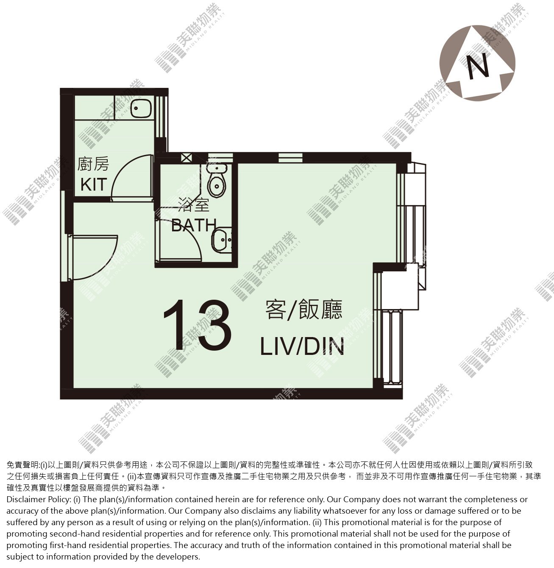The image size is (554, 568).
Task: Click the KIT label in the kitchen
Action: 94,185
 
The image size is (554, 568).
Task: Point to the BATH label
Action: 194,225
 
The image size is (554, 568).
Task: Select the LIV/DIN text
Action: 302,346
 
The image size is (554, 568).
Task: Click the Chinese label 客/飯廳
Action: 303,309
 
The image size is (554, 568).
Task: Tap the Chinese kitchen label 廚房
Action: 93,164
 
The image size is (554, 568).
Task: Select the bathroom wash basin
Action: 222,240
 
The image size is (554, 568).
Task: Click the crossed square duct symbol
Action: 186,158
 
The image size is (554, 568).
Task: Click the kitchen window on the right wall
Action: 161,116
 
